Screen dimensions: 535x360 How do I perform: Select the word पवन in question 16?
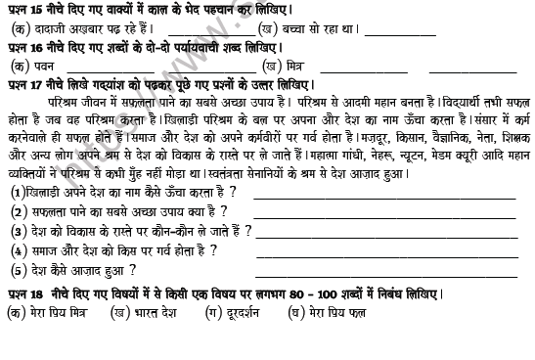[40, 66]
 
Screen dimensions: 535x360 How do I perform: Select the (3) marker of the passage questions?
[18, 232]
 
